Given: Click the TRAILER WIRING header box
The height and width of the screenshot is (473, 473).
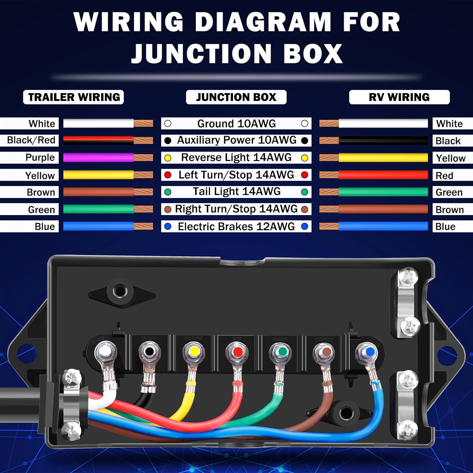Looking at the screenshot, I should coord(73,97).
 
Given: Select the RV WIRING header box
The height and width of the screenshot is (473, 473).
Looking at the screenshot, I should coord(399,97).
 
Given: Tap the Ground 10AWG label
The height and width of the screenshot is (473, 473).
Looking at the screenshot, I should coord(236,124).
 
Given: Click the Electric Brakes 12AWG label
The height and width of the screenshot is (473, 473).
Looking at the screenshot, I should coord(236,226).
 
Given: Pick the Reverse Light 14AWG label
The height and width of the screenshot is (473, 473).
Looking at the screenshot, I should coord(236,157).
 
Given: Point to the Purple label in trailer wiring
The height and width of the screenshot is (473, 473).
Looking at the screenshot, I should coord(40,157).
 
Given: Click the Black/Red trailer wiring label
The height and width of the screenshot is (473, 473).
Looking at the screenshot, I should coord(31,140).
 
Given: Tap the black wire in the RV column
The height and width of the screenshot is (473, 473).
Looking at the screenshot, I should coord(383,141).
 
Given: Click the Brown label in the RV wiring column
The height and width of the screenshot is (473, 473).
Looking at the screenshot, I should coord(450,210).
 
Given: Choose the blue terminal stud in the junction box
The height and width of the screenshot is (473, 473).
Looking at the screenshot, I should coord(370,351).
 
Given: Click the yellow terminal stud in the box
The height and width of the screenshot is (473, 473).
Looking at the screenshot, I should coord(194,351).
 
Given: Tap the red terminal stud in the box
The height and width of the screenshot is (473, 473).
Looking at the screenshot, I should coord(237,351).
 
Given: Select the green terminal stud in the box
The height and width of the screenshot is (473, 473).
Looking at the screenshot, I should coord(282,351).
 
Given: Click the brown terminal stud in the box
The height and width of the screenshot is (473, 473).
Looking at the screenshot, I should coord(325,351).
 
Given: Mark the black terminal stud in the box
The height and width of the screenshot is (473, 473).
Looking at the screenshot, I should coord(149,351).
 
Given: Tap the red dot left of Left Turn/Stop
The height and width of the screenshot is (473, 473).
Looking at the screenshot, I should coord(168,175).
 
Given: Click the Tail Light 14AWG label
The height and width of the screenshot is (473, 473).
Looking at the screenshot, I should coord(236,192).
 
